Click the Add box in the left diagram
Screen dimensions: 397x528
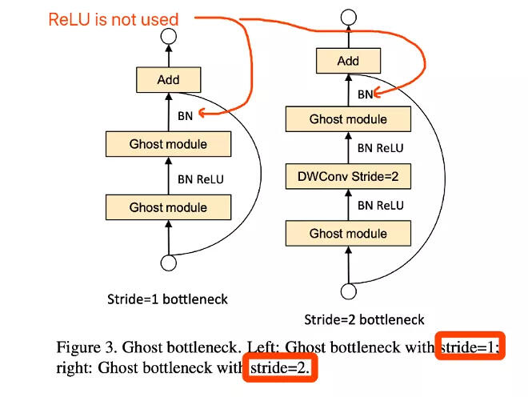[168, 80]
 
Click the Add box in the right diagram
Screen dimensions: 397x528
[348, 61]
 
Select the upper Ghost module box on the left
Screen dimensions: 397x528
[168, 144]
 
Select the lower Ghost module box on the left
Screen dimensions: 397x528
[168, 207]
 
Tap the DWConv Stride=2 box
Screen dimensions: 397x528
[348, 176]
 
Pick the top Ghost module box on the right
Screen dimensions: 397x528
[348, 119]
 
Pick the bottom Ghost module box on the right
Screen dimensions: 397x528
[348, 234]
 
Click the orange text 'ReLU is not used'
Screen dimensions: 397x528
[113, 18]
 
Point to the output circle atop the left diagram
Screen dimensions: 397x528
[168, 35]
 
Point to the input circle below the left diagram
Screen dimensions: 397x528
[168, 263]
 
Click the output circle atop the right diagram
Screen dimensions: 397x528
[348, 16]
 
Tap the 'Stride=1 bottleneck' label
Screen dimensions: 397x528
[167, 299]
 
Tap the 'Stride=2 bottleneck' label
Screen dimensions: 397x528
[364, 320]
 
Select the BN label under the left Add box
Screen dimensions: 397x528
[185, 115]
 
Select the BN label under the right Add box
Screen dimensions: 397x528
[365, 94]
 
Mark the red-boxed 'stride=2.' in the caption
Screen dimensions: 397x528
[279, 368]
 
